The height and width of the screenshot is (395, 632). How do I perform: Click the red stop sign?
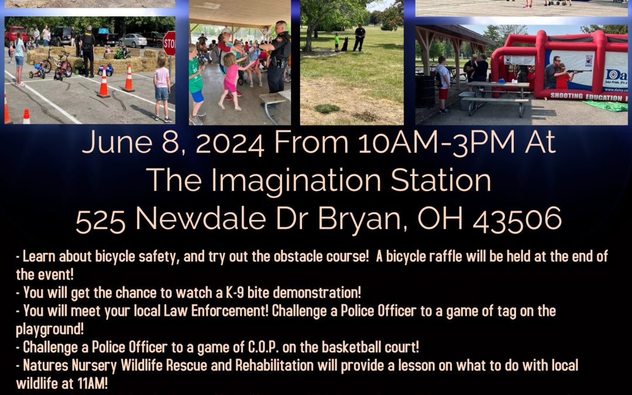pyautogui.click(x=170, y=43)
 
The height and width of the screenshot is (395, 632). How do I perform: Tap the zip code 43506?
pyautogui.click(x=517, y=219)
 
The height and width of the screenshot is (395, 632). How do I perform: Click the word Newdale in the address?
pyautogui.click(x=201, y=219)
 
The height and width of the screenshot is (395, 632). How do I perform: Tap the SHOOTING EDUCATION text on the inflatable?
pyautogui.click(x=586, y=97)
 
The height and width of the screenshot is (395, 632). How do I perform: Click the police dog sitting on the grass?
pyautogui.click(x=345, y=44)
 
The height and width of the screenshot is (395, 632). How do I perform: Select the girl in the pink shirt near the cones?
pyautogui.click(x=162, y=87)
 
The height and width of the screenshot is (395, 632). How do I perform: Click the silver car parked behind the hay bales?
pyautogui.click(x=133, y=40)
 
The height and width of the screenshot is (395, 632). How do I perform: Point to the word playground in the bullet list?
pyautogui.click(x=50, y=329)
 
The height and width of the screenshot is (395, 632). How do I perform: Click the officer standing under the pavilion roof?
pyautogui.click(x=278, y=57)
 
